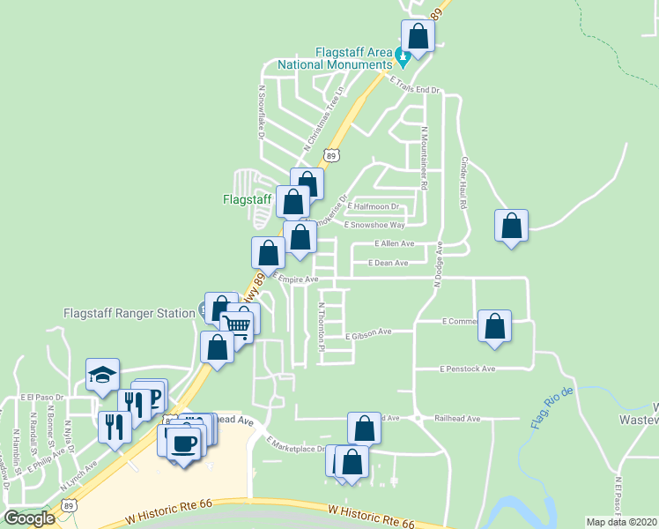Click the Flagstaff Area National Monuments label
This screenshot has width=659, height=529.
pos(335,58)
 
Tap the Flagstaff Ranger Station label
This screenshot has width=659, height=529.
pos(130,313)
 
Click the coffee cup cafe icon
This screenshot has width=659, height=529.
pos(183,443)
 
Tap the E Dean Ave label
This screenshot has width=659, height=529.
pos(389,263)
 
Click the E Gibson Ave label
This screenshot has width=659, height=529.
pos(368,334)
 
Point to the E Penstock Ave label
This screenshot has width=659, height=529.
pos(469,369)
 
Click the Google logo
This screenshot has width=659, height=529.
pos(29,518)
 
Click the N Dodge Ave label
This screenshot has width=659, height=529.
pos(436,264)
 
